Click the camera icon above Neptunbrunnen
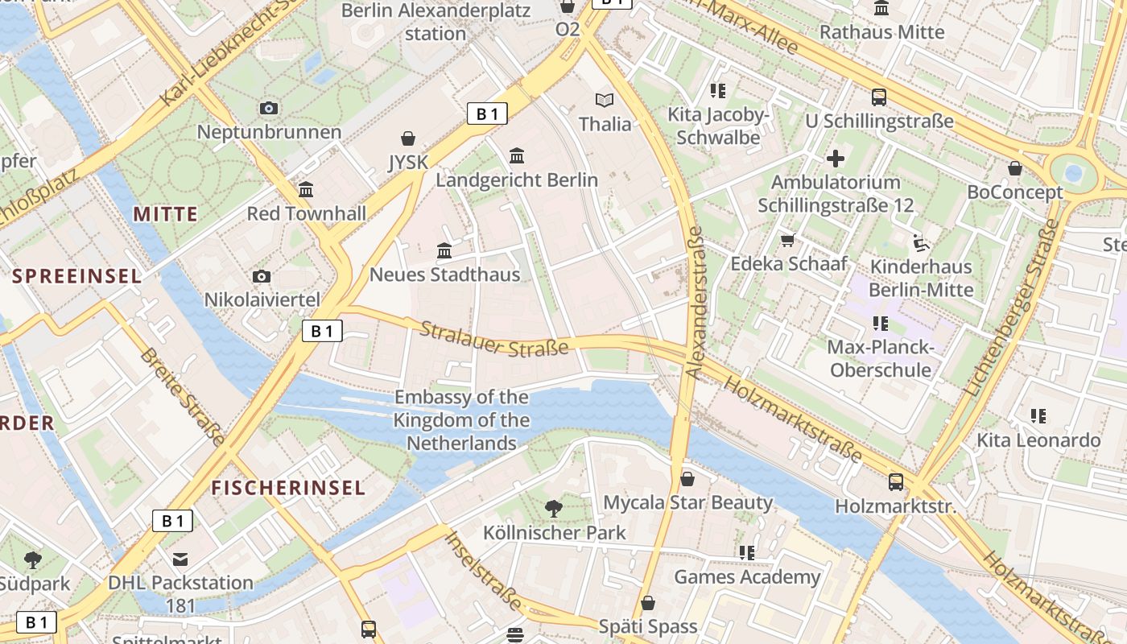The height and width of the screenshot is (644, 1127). (x=269, y=108)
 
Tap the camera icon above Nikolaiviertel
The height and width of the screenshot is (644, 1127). (x=262, y=277)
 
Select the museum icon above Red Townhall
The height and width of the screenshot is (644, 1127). (x=306, y=190)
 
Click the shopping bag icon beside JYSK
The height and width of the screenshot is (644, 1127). (x=408, y=138)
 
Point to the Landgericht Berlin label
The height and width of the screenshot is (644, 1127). (x=517, y=180)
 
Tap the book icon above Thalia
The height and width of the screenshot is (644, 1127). (x=605, y=101)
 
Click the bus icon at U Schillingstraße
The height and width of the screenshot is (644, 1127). (x=879, y=97)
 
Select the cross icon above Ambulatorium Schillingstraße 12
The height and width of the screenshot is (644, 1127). (x=836, y=159)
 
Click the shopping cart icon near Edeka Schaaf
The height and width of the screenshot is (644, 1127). (x=788, y=240)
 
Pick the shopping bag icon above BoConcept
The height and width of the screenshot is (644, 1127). (x=1015, y=169)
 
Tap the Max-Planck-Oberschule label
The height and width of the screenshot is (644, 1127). (x=881, y=359)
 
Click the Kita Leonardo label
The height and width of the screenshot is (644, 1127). (x=1038, y=440)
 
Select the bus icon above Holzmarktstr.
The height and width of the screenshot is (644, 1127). (x=896, y=482)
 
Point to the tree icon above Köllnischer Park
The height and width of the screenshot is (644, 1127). (x=554, y=508)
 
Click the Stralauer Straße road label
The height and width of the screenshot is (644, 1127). (x=494, y=338)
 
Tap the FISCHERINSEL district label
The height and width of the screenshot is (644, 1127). (x=288, y=487)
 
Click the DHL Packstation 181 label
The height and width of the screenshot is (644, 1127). (x=180, y=593)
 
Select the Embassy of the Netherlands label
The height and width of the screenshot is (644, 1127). (x=461, y=419)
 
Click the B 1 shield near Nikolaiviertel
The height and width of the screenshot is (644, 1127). (x=322, y=331)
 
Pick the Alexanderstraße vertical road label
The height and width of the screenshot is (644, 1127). (x=695, y=302)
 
